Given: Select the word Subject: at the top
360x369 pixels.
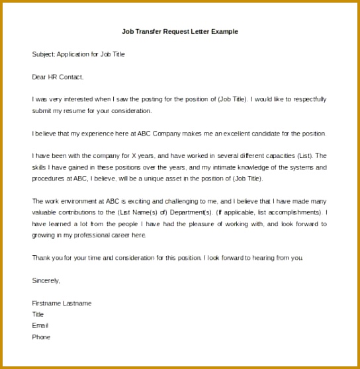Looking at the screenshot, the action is coord(43,54).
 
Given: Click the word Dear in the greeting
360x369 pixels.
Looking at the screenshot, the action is coord(38,77).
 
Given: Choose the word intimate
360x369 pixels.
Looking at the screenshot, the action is coord(210,167).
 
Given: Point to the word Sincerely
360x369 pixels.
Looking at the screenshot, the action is coord(46,280).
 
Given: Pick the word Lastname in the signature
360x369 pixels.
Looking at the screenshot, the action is coord(77,304).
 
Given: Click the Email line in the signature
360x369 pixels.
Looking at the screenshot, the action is coord(40,326).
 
